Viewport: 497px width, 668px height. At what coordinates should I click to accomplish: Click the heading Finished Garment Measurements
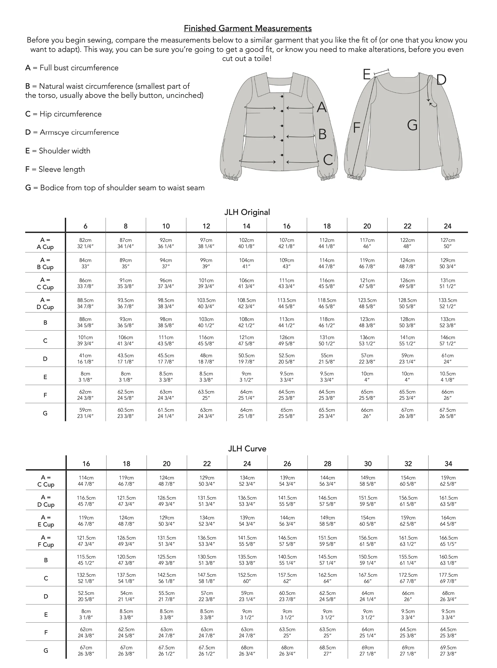pyautogui.click(x=248, y=28)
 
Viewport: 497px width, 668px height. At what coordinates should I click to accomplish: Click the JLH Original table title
pyautogui.click(x=247, y=212)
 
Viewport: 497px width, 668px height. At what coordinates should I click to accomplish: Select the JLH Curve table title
pyautogui.click(x=247, y=449)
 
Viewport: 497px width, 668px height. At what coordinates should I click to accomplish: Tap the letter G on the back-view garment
pyautogui.click(x=412, y=125)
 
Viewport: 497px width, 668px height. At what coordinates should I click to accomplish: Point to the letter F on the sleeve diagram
pyautogui.click(x=357, y=128)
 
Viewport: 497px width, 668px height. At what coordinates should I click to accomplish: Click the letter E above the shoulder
pyautogui.click(x=367, y=74)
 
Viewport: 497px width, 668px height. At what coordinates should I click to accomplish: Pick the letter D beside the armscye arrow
pyautogui.click(x=441, y=80)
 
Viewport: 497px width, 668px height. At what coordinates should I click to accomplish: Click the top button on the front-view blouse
pyautogui.click(x=282, y=96)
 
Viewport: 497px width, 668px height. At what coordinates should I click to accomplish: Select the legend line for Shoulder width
pyautogui.click(x=58, y=151)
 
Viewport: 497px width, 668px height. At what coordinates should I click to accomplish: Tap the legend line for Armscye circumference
pyautogui.click(x=72, y=132)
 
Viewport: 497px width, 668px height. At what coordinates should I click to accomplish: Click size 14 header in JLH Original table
pyautogui.click(x=247, y=226)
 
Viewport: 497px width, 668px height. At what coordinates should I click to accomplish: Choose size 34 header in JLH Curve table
pyautogui.click(x=448, y=464)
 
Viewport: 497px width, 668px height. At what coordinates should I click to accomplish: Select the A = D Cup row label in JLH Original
pyautogui.click(x=45, y=303)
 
